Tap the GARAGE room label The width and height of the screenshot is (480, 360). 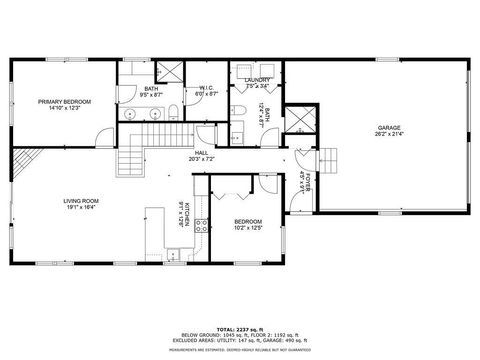coord(390,128)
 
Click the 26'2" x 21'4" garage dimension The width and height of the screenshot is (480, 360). coord(390,136)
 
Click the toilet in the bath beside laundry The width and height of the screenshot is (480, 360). coord(235,136)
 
